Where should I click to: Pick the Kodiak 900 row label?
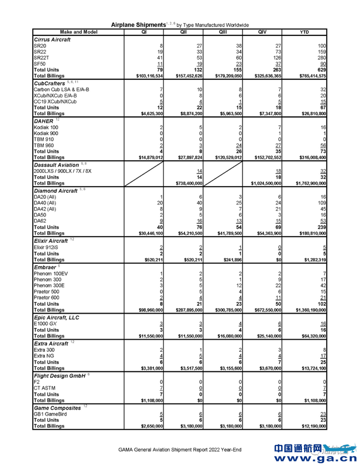point(46,134)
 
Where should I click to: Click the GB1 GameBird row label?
point(50,413)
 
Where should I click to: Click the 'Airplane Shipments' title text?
point(138,25)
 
